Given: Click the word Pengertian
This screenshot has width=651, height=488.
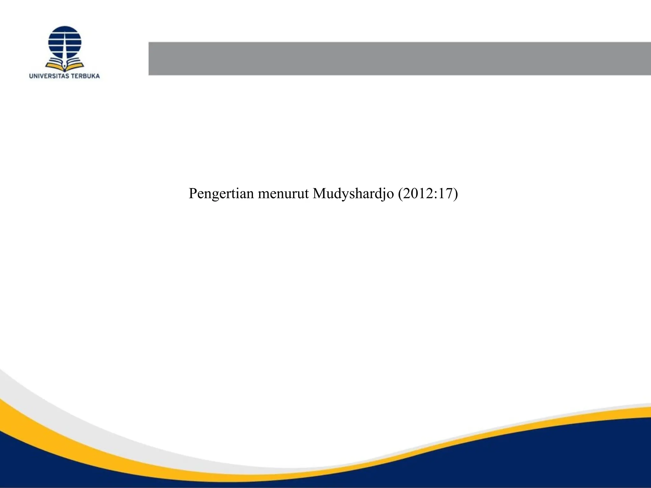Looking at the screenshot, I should pyautogui.click(x=221, y=193).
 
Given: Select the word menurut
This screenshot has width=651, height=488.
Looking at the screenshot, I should pyautogui.click(x=283, y=193).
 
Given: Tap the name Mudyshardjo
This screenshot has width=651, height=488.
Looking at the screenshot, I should pyautogui.click(x=353, y=193).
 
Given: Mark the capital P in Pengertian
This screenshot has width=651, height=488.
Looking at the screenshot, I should pyautogui.click(x=193, y=193).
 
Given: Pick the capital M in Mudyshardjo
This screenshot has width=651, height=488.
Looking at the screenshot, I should pyautogui.click(x=319, y=193).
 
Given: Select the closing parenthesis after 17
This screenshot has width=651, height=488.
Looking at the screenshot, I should pyautogui.click(x=456, y=194).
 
